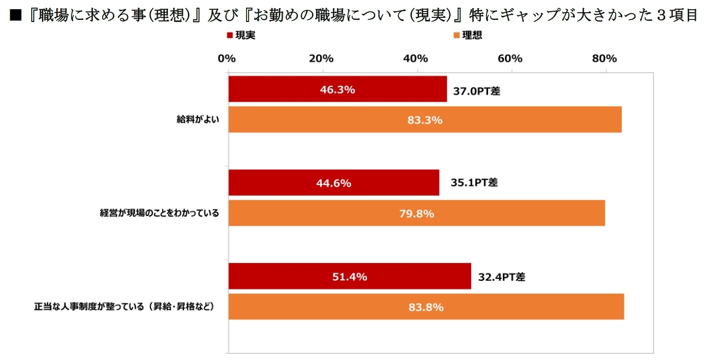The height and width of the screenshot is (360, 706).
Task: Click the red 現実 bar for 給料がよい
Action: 337,89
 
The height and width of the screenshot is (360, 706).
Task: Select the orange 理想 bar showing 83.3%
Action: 425,120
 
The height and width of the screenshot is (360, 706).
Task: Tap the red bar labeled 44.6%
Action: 334,183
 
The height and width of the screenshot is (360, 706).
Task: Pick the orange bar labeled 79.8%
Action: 417,213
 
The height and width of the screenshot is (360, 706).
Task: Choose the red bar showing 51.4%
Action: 350,276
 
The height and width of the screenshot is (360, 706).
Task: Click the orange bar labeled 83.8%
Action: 426,307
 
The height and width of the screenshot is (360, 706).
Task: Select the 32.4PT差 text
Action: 502,277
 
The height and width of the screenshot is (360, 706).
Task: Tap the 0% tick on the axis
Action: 227,58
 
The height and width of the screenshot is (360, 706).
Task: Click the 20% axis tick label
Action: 321,58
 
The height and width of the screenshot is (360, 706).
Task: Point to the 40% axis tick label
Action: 416,58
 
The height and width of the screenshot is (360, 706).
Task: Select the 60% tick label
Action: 510,58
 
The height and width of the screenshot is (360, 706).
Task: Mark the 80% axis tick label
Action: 604,58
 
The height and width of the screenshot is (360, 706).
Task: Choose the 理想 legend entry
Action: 468,35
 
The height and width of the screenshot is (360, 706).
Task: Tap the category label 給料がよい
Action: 196,121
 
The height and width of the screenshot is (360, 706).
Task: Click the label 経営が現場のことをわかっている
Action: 159,213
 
